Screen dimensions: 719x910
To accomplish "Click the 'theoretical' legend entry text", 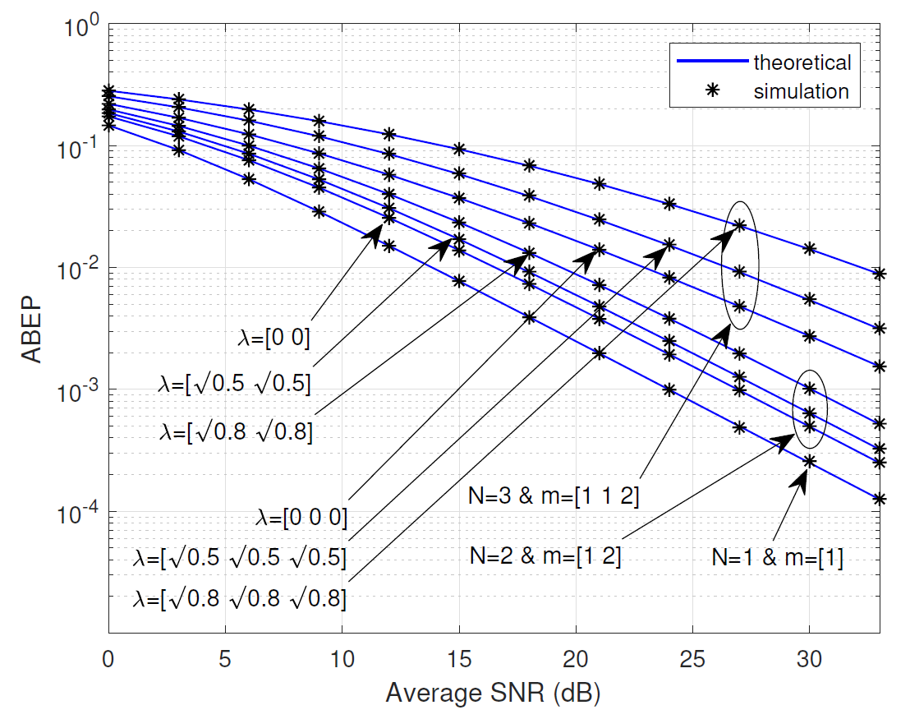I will (x=802, y=62).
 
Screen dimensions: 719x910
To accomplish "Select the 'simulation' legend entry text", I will (x=801, y=91).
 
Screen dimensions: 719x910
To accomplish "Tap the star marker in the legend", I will (x=712, y=91).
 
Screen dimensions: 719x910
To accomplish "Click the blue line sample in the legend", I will (x=711, y=62).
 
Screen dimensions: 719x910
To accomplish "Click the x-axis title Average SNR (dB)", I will (x=493, y=694).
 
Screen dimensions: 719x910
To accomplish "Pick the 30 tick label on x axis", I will (x=809, y=657).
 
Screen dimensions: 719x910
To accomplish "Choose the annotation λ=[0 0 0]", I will (x=301, y=518).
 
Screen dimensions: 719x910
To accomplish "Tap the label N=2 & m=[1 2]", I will (x=545, y=556).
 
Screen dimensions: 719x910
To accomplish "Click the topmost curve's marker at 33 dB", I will (x=879, y=274).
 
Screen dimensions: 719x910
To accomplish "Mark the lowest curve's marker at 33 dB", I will (x=879, y=498).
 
